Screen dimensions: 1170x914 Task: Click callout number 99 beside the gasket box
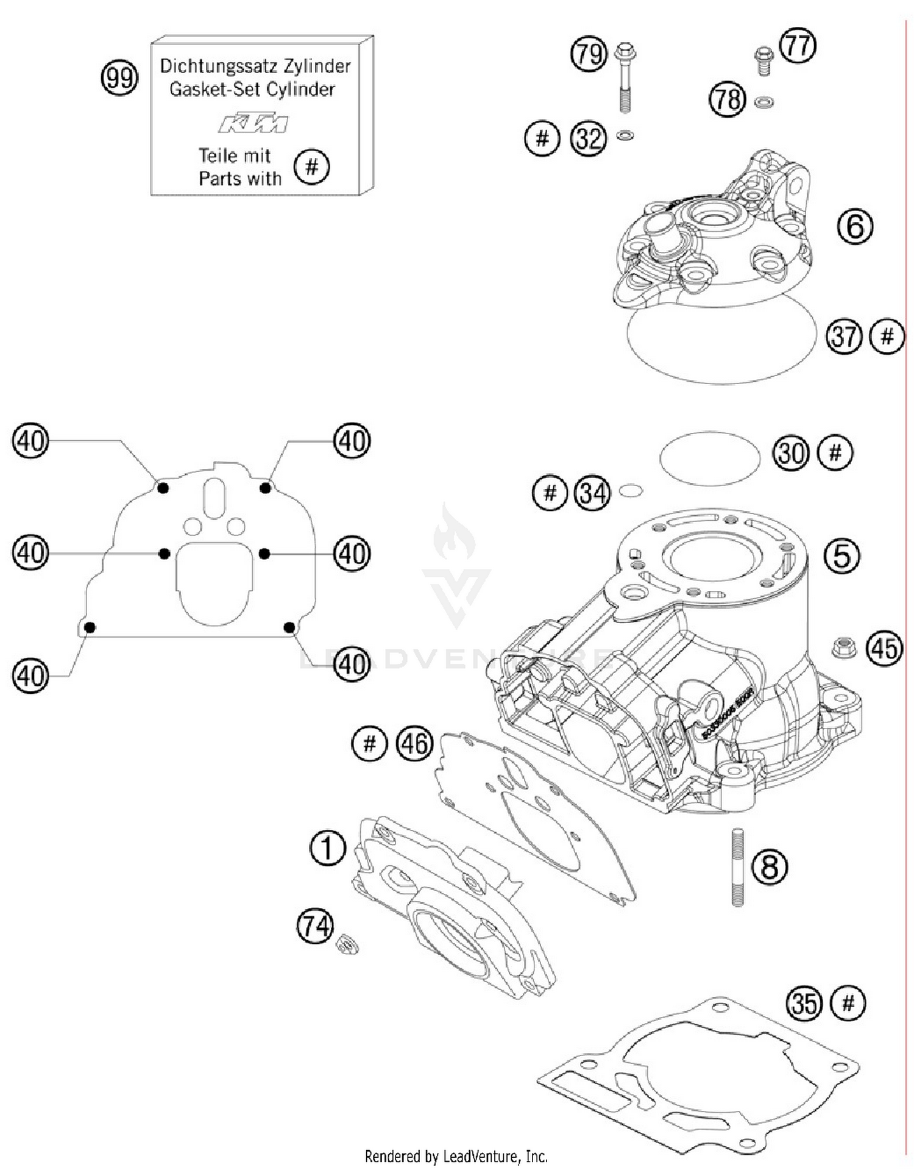point(119,77)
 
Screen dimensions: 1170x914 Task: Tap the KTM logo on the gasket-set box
point(253,123)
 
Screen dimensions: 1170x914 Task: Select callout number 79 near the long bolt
point(589,54)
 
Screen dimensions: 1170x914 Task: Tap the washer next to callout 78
point(763,102)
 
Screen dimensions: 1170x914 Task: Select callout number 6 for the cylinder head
point(855,226)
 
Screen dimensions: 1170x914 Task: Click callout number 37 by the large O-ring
point(844,336)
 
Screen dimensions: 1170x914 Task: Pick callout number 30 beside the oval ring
point(791,453)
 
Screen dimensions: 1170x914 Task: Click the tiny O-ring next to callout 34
point(631,490)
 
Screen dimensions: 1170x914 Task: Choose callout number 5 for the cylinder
point(841,555)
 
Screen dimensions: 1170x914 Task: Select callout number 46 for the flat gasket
point(414,743)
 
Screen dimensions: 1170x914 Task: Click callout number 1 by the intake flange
point(327,848)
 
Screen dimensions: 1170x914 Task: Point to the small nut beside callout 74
point(348,946)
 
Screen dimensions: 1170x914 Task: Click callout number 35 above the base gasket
point(804,1003)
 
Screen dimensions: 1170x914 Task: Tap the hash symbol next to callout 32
point(542,138)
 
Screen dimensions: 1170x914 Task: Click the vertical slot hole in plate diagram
point(214,498)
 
